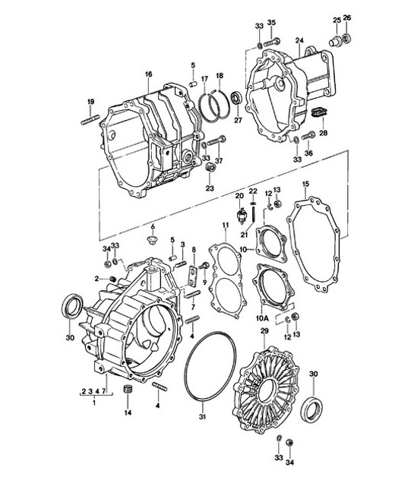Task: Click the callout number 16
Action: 147,74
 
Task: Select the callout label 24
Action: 299,41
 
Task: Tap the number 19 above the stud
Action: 90,102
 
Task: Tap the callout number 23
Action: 209,188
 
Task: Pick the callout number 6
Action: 152,227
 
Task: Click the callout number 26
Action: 347,18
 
